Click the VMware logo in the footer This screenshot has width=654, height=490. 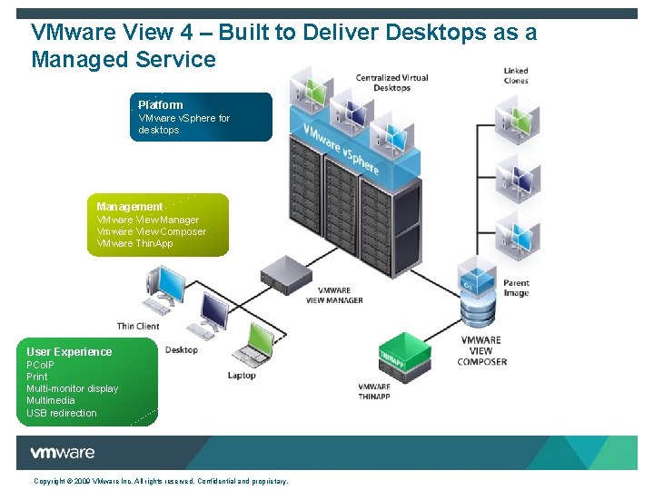tap(62, 453)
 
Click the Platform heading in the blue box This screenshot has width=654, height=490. tap(161, 105)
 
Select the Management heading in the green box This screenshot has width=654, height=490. tap(130, 207)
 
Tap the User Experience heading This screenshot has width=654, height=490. tap(69, 352)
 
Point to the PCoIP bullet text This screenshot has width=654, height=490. tap(40, 365)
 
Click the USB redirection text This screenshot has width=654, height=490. tap(61, 413)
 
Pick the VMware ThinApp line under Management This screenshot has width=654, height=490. tap(134, 243)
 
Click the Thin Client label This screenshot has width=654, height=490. tap(138, 326)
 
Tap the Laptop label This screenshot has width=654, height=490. tap(242, 375)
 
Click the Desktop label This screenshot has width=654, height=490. tap(182, 350)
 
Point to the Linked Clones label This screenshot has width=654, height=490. tap(516, 75)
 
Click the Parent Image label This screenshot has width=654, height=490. tap(516, 289)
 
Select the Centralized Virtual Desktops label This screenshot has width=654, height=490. tap(391, 83)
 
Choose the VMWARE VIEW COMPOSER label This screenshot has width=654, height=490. tap(481, 350)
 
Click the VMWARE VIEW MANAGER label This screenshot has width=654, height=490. tap(334, 296)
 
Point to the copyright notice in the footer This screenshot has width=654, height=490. tap(161, 481)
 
